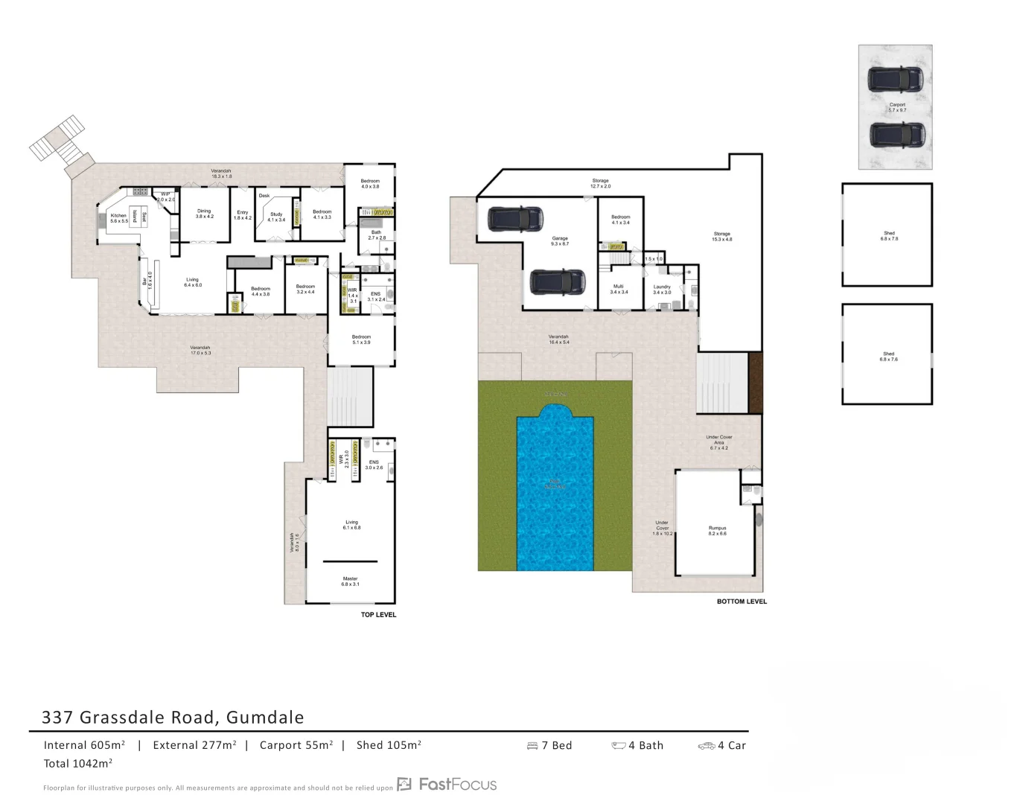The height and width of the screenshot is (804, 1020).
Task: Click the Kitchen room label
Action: coord(118,218)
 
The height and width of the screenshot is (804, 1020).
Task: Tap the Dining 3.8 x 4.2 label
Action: coord(204,214)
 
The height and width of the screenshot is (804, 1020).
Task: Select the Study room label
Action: coord(276,217)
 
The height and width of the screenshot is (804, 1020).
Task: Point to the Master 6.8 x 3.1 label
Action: coord(350,581)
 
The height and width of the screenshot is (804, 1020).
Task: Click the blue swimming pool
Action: coord(555,488)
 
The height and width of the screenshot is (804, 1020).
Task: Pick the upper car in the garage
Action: coord(514,219)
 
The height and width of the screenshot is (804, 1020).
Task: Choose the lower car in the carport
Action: coord(897,135)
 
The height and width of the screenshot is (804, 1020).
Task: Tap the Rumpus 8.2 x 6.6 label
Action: coord(717,531)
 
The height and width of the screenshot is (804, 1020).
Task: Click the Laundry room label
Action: coord(662,290)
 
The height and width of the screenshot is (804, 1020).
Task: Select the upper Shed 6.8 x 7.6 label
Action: coord(889,236)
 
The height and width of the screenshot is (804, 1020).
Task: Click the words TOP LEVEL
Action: coord(378,615)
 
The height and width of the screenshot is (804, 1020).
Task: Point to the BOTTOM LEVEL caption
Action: coord(742,602)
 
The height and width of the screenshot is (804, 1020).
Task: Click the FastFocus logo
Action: coord(447,784)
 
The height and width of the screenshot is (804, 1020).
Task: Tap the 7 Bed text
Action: coord(555,745)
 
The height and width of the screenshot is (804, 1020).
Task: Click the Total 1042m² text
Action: coord(78,763)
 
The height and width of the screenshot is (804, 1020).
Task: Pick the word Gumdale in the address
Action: coord(265,718)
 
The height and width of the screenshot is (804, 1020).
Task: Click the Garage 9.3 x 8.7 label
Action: coord(560,241)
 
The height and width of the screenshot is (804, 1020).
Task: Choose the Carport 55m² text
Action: coord(296,745)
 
